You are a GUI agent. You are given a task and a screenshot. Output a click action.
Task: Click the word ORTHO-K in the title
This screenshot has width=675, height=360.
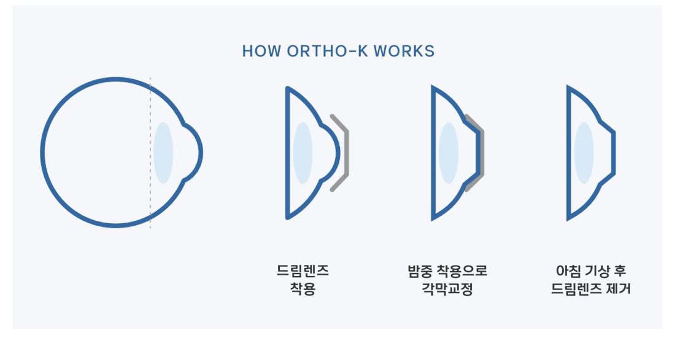tap(328, 51)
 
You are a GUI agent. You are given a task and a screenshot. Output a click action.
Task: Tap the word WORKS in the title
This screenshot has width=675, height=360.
tap(404, 51)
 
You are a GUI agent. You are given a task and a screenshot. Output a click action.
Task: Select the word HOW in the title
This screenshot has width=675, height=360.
tap(261, 51)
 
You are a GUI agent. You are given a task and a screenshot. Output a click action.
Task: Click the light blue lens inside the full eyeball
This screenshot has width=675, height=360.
tap(163, 153)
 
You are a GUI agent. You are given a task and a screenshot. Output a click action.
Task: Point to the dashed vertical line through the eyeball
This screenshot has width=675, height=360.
tap(150, 153)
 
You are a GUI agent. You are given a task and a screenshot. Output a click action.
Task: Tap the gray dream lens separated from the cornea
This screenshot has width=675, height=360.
tap(347, 153)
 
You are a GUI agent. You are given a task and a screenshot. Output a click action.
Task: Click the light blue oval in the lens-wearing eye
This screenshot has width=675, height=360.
tap(303, 153)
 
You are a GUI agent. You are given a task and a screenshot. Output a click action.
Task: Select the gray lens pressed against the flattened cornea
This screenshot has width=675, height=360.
tap(482, 153)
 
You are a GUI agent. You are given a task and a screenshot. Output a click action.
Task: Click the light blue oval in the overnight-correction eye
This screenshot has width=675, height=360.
tap(449, 153)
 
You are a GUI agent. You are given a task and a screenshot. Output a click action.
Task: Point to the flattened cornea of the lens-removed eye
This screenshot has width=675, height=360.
tap(614, 153)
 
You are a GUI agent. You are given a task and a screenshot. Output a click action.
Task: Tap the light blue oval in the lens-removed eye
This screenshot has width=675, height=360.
tap(584, 153)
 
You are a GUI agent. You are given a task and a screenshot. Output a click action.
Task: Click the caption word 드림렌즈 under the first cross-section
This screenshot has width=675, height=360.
tap(303, 270)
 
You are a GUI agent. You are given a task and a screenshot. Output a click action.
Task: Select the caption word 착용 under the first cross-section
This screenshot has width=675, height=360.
tap(303, 288)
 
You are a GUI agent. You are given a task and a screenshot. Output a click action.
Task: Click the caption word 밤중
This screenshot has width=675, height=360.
tap(420, 270)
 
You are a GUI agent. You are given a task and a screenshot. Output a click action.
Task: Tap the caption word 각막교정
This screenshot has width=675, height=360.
tap(447, 288)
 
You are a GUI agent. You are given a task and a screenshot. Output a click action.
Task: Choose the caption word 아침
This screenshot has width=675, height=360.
tap(569, 270)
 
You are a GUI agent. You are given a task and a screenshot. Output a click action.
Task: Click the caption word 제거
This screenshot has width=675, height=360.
tap(618, 288)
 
